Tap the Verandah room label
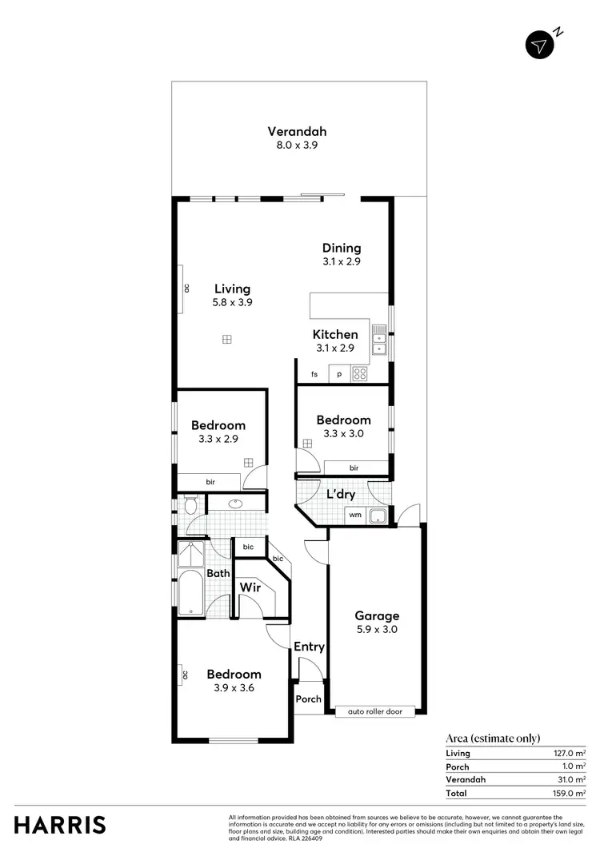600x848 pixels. pos(297,132)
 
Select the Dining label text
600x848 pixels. pos(342,248)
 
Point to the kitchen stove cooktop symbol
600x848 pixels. pos(360,373)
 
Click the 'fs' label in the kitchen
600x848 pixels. pos(314,374)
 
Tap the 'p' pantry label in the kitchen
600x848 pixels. pos(339,374)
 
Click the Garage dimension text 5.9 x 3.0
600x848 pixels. pos(377,630)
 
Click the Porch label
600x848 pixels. pos(308,699)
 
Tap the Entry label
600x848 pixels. pos(309,647)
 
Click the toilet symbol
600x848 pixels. pos(190,506)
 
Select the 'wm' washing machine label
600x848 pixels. pos(355,516)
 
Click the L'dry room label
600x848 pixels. pos(341,495)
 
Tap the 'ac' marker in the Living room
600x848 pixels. pos(186,289)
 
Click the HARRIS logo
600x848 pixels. pos(60,825)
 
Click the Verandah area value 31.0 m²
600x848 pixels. pos(571,779)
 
